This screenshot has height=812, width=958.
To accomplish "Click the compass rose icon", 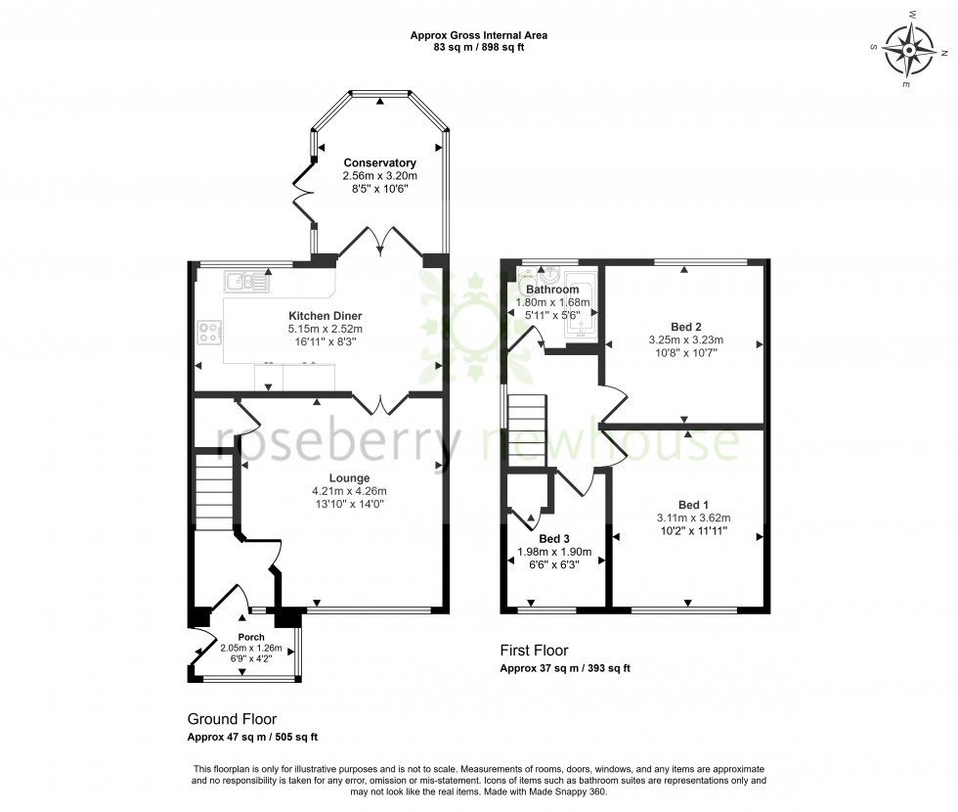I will tap(909, 48).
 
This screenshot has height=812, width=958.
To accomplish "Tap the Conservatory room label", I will tap(379, 162).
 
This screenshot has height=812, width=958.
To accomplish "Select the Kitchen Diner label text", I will tap(325, 316).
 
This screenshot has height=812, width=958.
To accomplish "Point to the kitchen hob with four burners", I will tap(210, 333).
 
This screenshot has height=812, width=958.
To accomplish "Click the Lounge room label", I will tap(322, 478).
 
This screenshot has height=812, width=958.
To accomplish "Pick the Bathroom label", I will tap(552, 290).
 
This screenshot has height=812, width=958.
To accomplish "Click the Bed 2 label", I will tap(685, 327).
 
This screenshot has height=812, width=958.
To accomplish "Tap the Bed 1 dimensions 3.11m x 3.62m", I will tap(693, 519).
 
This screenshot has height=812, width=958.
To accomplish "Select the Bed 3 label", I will tap(554, 539).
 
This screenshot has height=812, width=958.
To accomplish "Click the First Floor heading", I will tap(534, 650).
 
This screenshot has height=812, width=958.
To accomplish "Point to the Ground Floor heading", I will tap(233, 718).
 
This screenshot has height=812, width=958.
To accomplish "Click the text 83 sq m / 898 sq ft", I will tap(479, 47).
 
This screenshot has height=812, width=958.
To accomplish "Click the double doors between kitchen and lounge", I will tap(380, 401).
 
